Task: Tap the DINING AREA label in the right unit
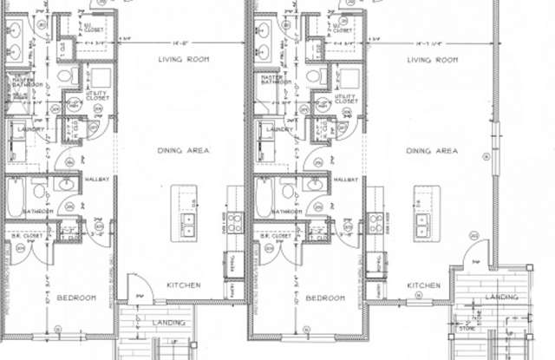coord(432,151)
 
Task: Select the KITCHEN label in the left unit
coord(184,285)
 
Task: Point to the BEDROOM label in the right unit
coord(326,298)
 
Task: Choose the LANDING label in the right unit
coord(500,298)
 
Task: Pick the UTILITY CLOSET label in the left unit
coord(96,97)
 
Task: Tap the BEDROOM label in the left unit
coord(76,298)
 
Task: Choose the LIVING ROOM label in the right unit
coord(432,60)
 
